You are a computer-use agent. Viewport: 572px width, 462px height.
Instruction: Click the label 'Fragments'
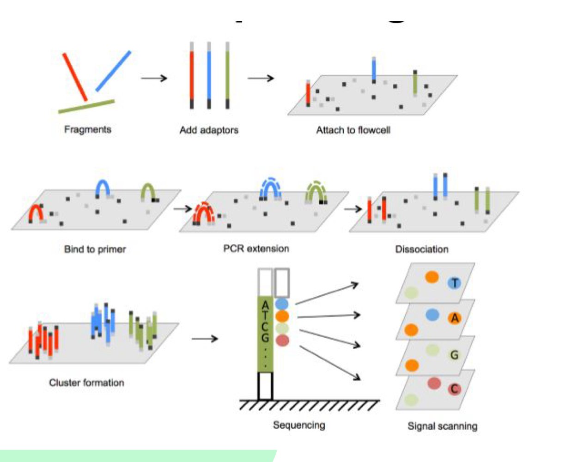point(88,129)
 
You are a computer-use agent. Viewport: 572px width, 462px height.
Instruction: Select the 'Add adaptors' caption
point(209,130)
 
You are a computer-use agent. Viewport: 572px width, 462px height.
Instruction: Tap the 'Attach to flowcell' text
point(353,130)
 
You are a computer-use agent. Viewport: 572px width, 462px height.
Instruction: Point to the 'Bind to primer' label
point(95,249)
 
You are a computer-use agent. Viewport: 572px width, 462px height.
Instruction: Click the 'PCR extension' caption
point(256,249)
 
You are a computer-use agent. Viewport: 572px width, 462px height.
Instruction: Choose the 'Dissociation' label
point(421,249)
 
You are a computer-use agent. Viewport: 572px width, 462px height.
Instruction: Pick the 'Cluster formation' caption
point(86,383)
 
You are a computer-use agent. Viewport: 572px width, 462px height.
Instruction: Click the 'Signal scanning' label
point(442,426)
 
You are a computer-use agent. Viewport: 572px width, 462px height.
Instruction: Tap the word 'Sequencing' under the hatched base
point(299,425)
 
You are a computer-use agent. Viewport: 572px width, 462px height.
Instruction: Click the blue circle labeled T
point(455,283)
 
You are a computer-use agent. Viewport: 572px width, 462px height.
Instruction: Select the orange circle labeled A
point(455,318)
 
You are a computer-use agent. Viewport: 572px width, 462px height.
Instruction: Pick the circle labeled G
point(455,355)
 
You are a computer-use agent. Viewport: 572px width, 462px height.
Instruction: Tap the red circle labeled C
point(455,389)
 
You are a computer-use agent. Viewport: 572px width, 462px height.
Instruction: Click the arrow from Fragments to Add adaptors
point(154,78)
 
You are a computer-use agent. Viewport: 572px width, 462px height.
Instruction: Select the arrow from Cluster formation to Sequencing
point(204,339)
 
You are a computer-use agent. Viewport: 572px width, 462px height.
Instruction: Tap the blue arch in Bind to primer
point(103,187)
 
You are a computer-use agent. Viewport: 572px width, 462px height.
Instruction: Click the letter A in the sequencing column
point(265,305)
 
